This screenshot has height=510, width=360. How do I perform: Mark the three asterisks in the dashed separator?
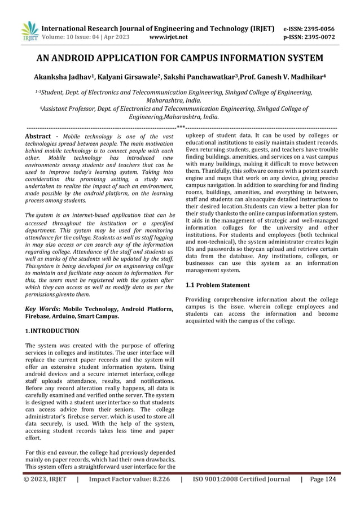(181, 128)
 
